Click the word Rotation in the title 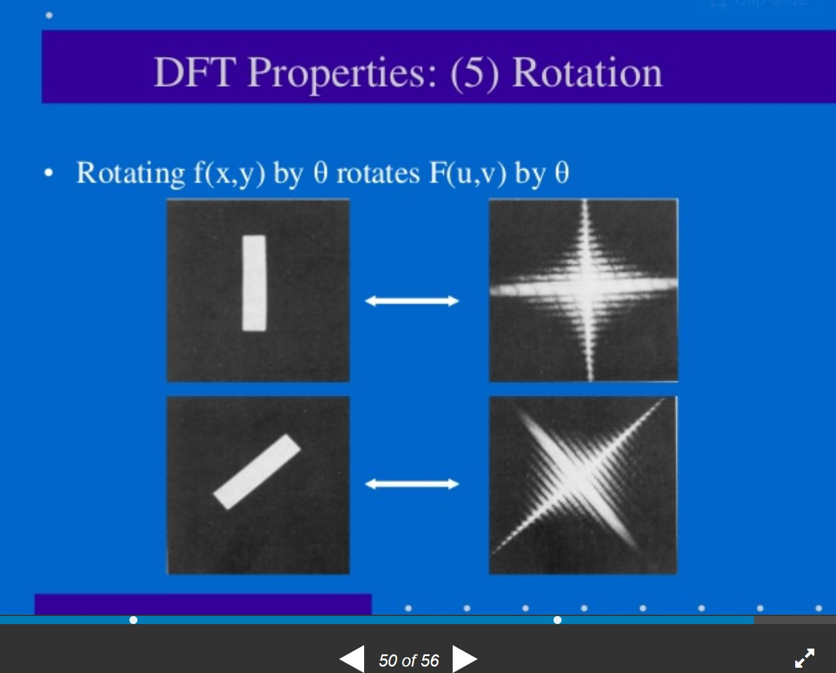pyautogui.click(x=588, y=73)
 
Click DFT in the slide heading pyautogui.click(x=195, y=72)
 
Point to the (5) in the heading pyautogui.click(x=475, y=74)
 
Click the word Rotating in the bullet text pyautogui.click(x=130, y=173)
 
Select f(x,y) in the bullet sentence pyautogui.click(x=230, y=173)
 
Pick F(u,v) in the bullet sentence pyautogui.click(x=468, y=173)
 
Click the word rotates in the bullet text pyautogui.click(x=378, y=174)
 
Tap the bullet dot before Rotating pyautogui.click(x=48, y=173)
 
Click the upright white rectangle pyautogui.click(x=254, y=283)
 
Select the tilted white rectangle pyautogui.click(x=257, y=472)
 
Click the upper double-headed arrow pyautogui.click(x=412, y=301)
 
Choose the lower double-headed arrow pyautogui.click(x=412, y=484)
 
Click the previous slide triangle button pyautogui.click(x=352, y=659)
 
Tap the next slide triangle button pyautogui.click(x=465, y=659)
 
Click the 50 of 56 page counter pyautogui.click(x=408, y=661)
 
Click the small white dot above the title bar pyautogui.click(x=49, y=15)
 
